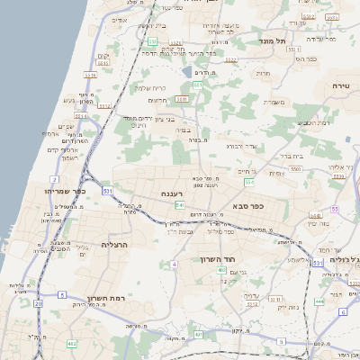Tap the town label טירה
[x=340, y=85]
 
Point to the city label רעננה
[x=173, y=193]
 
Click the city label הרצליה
[x=115, y=244]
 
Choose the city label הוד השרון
[x=217, y=260]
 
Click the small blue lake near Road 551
[x=186, y=70]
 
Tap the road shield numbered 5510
[x=183, y=99]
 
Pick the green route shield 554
[x=249, y=183]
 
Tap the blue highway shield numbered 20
[x=38, y=304]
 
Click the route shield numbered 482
[x=71, y=344]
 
